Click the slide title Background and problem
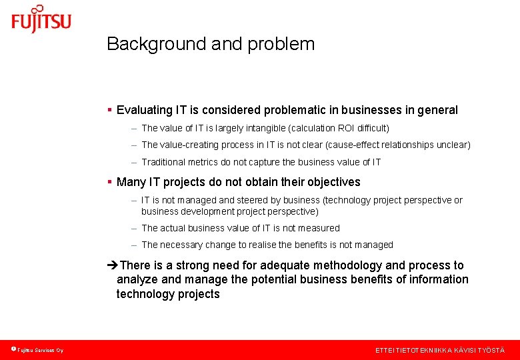pyautogui.click(x=210, y=44)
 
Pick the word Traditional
pyautogui.click(x=163, y=161)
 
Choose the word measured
pyautogui.click(x=320, y=228)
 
